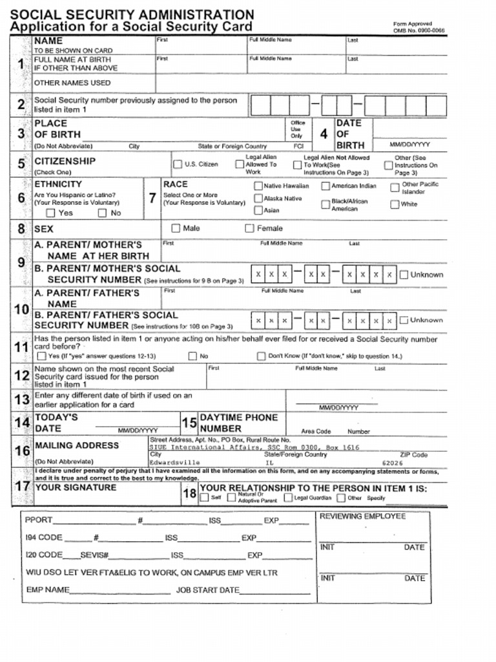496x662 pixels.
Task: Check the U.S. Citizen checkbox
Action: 177,164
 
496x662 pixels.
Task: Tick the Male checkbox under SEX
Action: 176,228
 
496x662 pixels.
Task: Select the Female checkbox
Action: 249,228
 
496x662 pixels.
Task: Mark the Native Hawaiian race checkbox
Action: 258,186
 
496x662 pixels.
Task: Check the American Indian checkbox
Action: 325,186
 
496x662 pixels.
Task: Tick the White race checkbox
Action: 395,205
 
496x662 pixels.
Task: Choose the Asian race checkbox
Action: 258,210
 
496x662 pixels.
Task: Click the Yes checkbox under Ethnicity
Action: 50,213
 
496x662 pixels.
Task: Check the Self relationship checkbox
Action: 204,498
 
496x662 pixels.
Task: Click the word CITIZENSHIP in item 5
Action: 65,161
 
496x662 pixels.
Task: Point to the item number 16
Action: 22,451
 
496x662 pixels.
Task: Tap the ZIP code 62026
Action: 392,463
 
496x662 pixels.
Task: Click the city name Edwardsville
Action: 174,463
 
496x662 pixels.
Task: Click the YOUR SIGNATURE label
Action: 75,487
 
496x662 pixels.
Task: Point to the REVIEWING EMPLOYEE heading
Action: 362,517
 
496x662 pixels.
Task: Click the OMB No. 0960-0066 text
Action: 418,30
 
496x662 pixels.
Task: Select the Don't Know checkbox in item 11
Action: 262,356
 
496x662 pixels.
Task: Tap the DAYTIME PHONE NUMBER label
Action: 238,423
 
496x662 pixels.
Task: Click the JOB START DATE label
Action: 207,590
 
